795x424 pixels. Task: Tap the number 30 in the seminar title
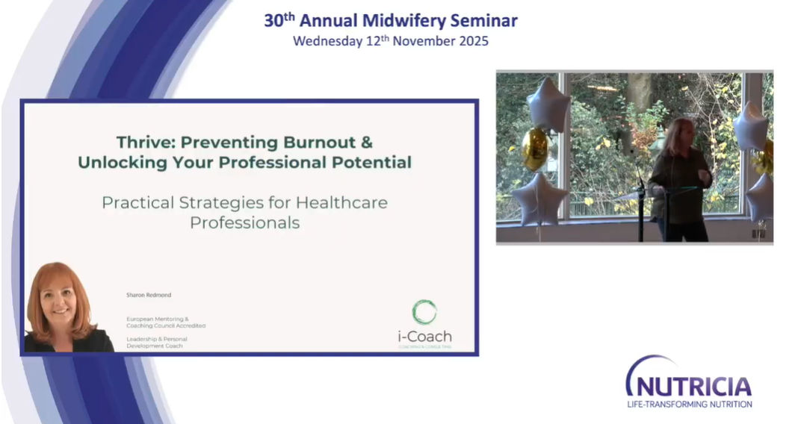click(x=273, y=21)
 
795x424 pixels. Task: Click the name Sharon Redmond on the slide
click(x=149, y=296)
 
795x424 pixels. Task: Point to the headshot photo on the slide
click(x=64, y=308)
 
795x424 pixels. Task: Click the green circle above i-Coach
click(x=424, y=312)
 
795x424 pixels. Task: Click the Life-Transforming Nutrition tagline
click(x=689, y=404)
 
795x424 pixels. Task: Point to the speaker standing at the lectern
click(x=678, y=179)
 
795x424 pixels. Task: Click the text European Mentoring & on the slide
click(x=158, y=319)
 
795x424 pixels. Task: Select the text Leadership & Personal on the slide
click(x=157, y=338)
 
